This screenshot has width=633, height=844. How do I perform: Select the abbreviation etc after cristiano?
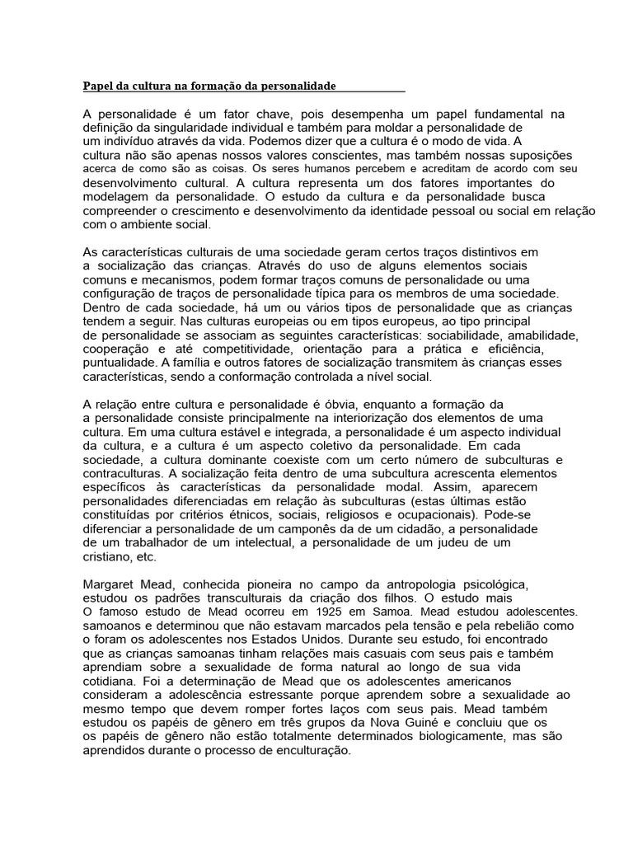146,557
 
